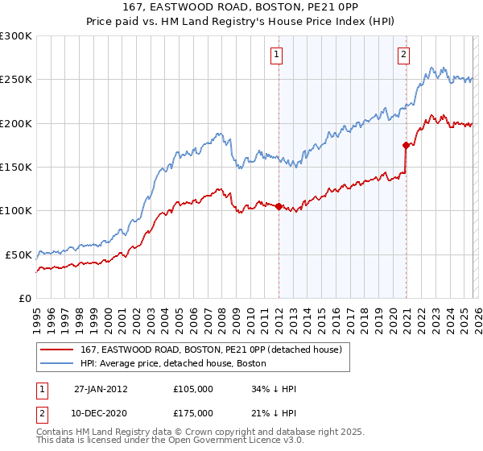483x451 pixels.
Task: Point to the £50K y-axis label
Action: click(19, 254)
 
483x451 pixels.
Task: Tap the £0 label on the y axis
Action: click(25, 298)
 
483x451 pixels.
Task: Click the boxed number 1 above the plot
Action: click(276, 55)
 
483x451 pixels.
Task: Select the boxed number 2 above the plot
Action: click(403, 55)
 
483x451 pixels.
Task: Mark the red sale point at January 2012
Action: click(279, 206)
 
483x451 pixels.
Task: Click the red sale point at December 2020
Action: click(406, 145)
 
